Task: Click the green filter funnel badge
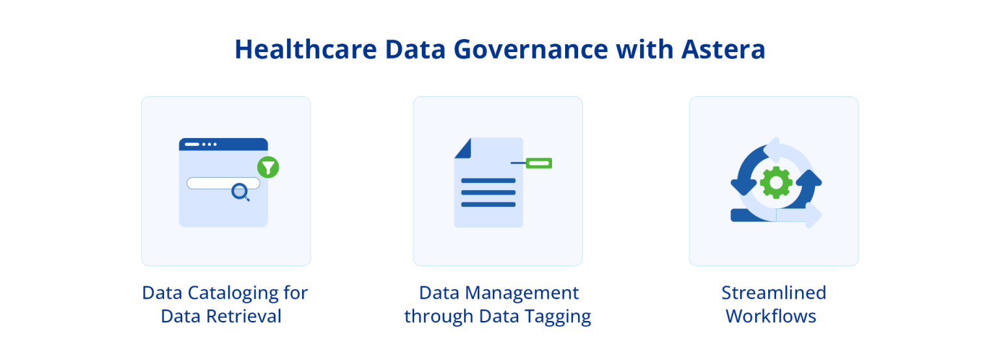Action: click(x=268, y=167)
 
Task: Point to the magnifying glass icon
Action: click(x=240, y=191)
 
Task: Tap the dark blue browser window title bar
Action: click(x=223, y=144)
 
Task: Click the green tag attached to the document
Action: click(x=538, y=163)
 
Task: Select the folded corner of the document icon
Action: click(x=463, y=148)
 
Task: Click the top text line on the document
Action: click(x=488, y=180)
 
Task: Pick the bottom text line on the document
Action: click(x=488, y=204)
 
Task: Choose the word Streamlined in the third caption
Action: click(x=773, y=293)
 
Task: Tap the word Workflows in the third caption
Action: click(x=771, y=316)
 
